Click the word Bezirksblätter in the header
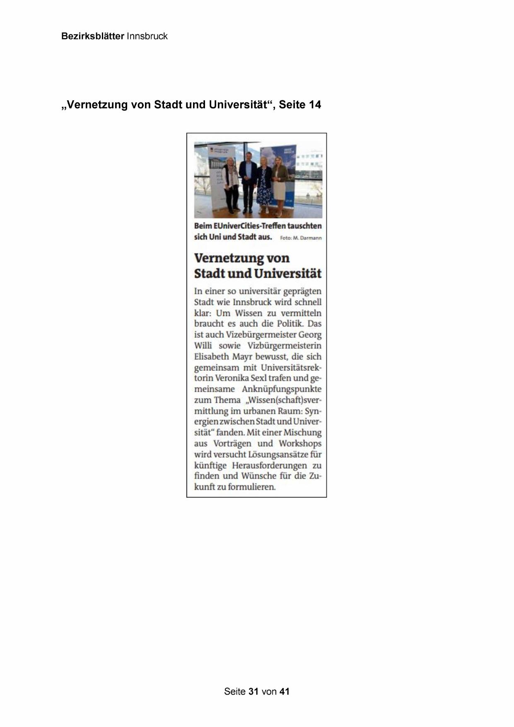(92, 36)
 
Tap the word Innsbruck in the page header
(147, 36)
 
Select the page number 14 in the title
(314, 105)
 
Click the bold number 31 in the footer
(253, 691)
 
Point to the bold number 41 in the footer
(284, 691)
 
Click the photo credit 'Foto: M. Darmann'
(301, 238)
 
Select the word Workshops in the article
(300, 443)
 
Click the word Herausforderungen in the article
(269, 465)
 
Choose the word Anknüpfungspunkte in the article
(282, 389)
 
